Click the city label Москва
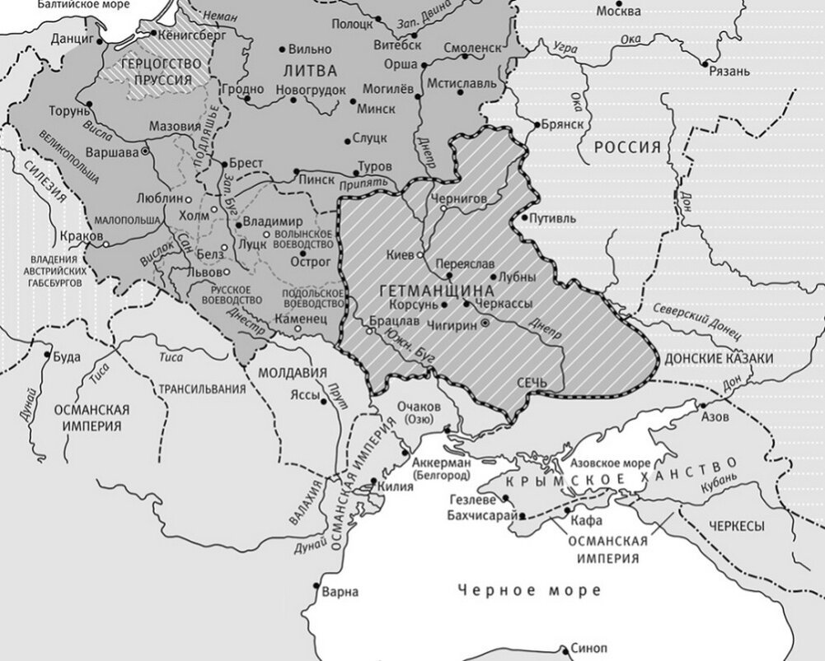618,12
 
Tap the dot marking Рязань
704,63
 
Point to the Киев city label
400,255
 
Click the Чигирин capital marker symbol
485,324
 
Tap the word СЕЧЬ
532,384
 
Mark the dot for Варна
317,586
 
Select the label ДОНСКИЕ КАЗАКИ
718,359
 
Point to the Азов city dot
702,405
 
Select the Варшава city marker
145,151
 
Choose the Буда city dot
46,357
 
